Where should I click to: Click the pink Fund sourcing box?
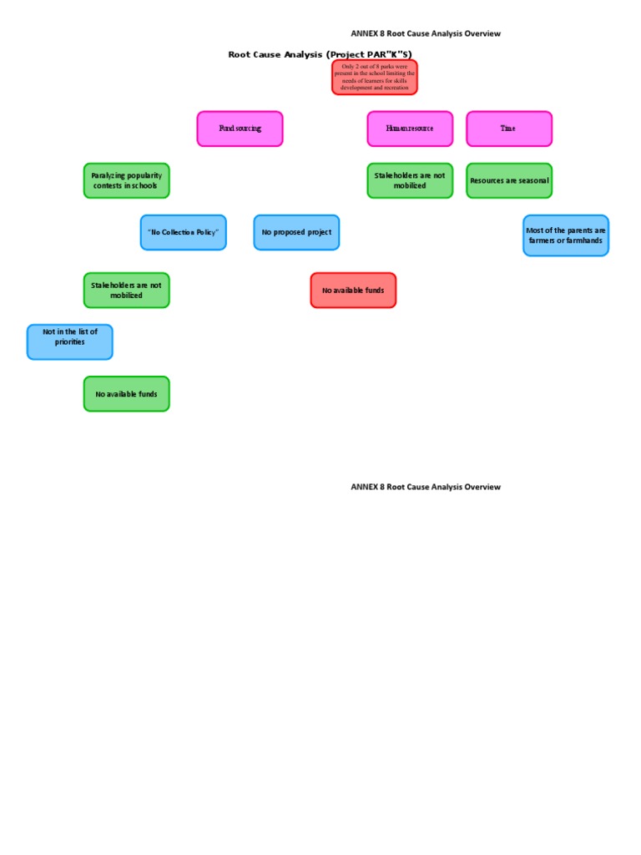240,129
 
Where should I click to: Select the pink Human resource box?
410,129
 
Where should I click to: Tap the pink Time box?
508,129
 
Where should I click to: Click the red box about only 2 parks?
375,77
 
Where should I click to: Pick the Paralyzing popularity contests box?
126,180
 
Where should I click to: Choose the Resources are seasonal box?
509,180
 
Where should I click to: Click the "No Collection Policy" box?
183,232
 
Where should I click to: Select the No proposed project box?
296,232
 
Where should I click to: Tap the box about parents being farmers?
566,235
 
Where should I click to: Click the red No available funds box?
353,290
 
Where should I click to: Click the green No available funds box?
126,393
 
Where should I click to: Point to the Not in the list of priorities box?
70,341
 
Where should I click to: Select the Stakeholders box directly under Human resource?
410,180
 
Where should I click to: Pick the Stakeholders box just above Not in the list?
126,290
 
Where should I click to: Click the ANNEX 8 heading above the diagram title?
426,33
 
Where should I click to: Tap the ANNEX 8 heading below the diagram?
426,487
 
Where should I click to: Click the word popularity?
142,175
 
